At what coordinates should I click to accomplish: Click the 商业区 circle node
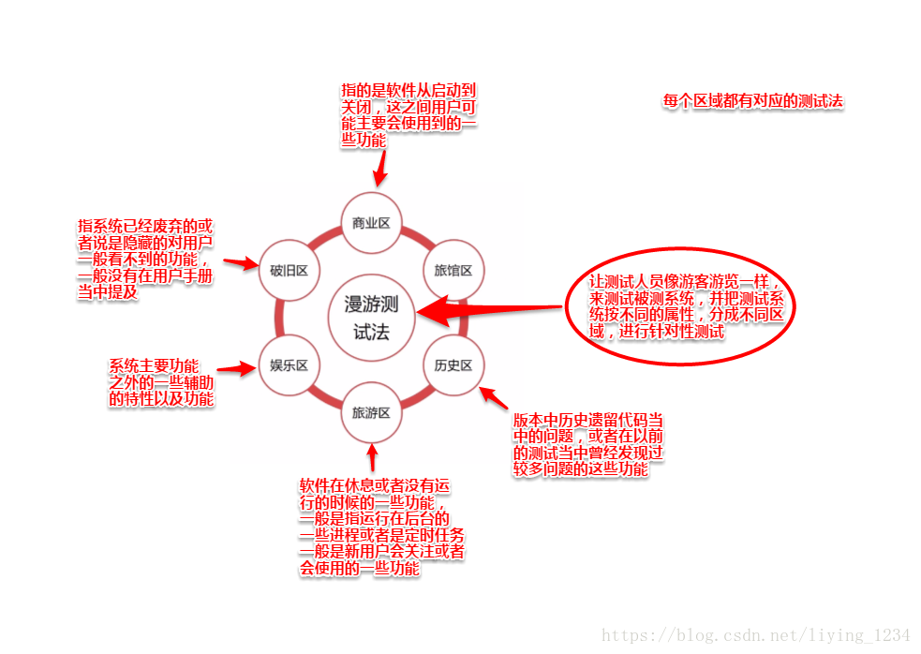(371, 223)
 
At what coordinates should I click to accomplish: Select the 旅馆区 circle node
(453, 270)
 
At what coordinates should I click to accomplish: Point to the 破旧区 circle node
(289, 270)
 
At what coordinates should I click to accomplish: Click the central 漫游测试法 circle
(371, 318)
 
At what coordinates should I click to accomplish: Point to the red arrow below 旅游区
(372, 458)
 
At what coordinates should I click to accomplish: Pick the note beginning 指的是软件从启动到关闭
(408, 115)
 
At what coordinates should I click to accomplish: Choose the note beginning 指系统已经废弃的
(145, 259)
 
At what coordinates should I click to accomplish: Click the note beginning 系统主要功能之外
(161, 382)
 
